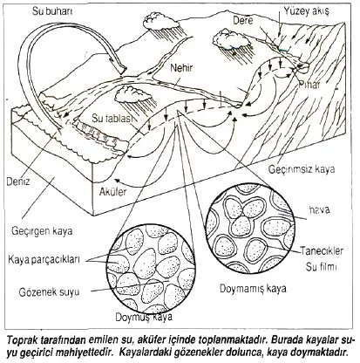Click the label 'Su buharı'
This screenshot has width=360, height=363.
pos(52,11)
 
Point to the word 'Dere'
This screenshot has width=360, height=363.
pos(243,20)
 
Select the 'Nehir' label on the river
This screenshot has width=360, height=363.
pos(181,68)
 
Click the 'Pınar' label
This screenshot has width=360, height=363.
pos(309,85)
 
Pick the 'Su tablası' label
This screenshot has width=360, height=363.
pos(112,119)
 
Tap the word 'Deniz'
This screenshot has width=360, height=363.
pos(18,181)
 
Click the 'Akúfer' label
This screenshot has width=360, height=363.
pos(113,192)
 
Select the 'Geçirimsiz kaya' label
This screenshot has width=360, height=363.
pos(302,169)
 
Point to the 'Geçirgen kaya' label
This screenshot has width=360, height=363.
pos(42,231)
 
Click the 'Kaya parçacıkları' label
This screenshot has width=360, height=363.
pos(44,259)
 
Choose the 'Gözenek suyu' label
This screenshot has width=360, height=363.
pos(49,291)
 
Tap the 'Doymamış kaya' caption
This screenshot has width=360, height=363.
pos(253,288)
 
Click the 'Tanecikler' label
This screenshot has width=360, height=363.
pos(322,250)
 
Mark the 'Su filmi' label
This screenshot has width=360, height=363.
pos(321,267)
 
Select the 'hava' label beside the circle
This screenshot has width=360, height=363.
pos(319,209)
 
